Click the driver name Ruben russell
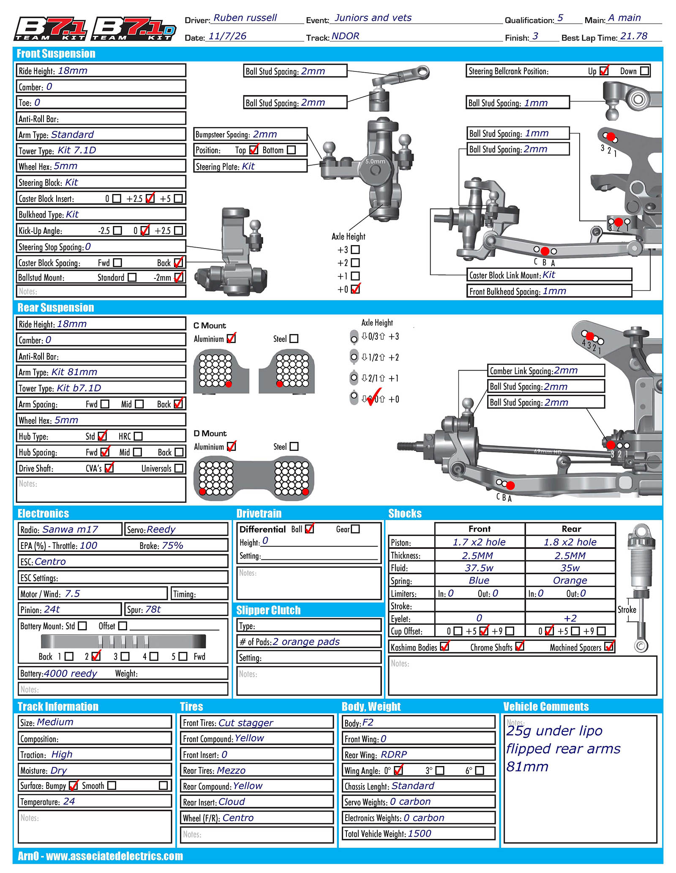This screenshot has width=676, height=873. [x=245, y=18]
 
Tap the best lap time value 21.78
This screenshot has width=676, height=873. [x=633, y=36]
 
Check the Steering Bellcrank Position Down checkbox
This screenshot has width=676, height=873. [x=644, y=71]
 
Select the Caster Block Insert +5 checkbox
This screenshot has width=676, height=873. [x=178, y=199]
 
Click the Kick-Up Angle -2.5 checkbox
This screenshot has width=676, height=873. [x=117, y=231]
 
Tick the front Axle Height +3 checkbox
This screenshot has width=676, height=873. [x=355, y=250]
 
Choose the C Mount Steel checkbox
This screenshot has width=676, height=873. [x=294, y=339]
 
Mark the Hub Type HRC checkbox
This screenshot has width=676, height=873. [x=138, y=436]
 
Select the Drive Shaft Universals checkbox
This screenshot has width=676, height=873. [x=179, y=468]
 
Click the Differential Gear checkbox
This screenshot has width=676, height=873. [x=355, y=529]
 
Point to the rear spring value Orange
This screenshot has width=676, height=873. [x=570, y=581]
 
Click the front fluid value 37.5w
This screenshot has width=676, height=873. [x=479, y=568]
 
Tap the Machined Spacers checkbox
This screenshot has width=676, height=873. [x=609, y=647]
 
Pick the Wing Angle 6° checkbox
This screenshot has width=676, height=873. [x=480, y=771]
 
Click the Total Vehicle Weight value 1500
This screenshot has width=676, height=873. [x=420, y=834]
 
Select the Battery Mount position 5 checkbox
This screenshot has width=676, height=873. [x=183, y=656]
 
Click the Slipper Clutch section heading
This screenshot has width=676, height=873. [x=268, y=610]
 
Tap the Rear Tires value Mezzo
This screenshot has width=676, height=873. [x=232, y=770]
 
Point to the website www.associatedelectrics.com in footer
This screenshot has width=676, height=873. [x=114, y=856]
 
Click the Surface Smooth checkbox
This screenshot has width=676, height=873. [x=112, y=786]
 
